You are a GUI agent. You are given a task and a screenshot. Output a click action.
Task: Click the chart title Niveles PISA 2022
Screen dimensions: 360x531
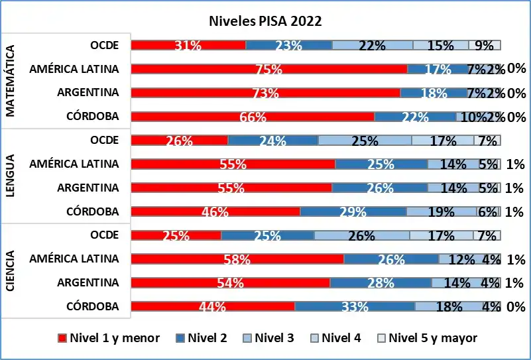tap(265, 21)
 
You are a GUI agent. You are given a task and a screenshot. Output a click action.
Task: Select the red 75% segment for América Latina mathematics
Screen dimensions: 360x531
tap(268, 69)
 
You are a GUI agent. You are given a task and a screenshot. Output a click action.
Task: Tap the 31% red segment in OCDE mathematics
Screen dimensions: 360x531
tap(188, 45)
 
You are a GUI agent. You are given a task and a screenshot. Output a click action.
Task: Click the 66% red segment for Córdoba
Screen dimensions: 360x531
tap(253, 117)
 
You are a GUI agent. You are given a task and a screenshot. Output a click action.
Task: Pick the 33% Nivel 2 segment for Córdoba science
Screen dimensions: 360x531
tap(355, 306)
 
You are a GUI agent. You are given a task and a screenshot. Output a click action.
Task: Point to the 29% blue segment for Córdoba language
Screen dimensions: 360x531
tap(353, 211)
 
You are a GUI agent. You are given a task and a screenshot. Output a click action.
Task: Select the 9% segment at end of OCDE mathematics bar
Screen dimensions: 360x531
tap(484, 45)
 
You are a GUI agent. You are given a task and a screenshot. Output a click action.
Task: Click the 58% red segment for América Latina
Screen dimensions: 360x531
tap(237, 259)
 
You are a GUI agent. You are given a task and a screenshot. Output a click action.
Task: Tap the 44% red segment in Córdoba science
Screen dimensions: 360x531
tap(213, 306)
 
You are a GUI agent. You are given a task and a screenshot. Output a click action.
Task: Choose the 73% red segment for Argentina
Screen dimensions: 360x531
tap(265, 93)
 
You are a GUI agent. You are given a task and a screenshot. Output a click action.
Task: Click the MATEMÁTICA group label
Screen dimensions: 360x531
tap(11, 81)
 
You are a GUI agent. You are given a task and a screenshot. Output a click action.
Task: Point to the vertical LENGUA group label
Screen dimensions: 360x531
tap(11, 176)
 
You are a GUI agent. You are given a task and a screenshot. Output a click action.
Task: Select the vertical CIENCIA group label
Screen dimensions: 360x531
tap(11, 270)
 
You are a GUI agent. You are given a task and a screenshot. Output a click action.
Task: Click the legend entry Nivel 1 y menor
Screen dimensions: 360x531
tap(109, 338)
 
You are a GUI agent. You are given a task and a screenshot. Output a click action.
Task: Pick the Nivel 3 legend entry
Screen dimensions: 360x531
tap(272, 338)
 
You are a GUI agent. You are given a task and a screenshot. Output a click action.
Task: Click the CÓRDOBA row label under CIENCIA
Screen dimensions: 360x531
tap(93, 306)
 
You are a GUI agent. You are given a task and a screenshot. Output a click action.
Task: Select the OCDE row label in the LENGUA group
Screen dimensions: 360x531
tap(105, 140)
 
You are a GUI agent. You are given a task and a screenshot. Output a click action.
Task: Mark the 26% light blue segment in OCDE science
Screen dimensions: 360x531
tap(361, 235)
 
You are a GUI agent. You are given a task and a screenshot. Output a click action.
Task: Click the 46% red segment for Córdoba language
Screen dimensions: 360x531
tap(215, 211)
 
